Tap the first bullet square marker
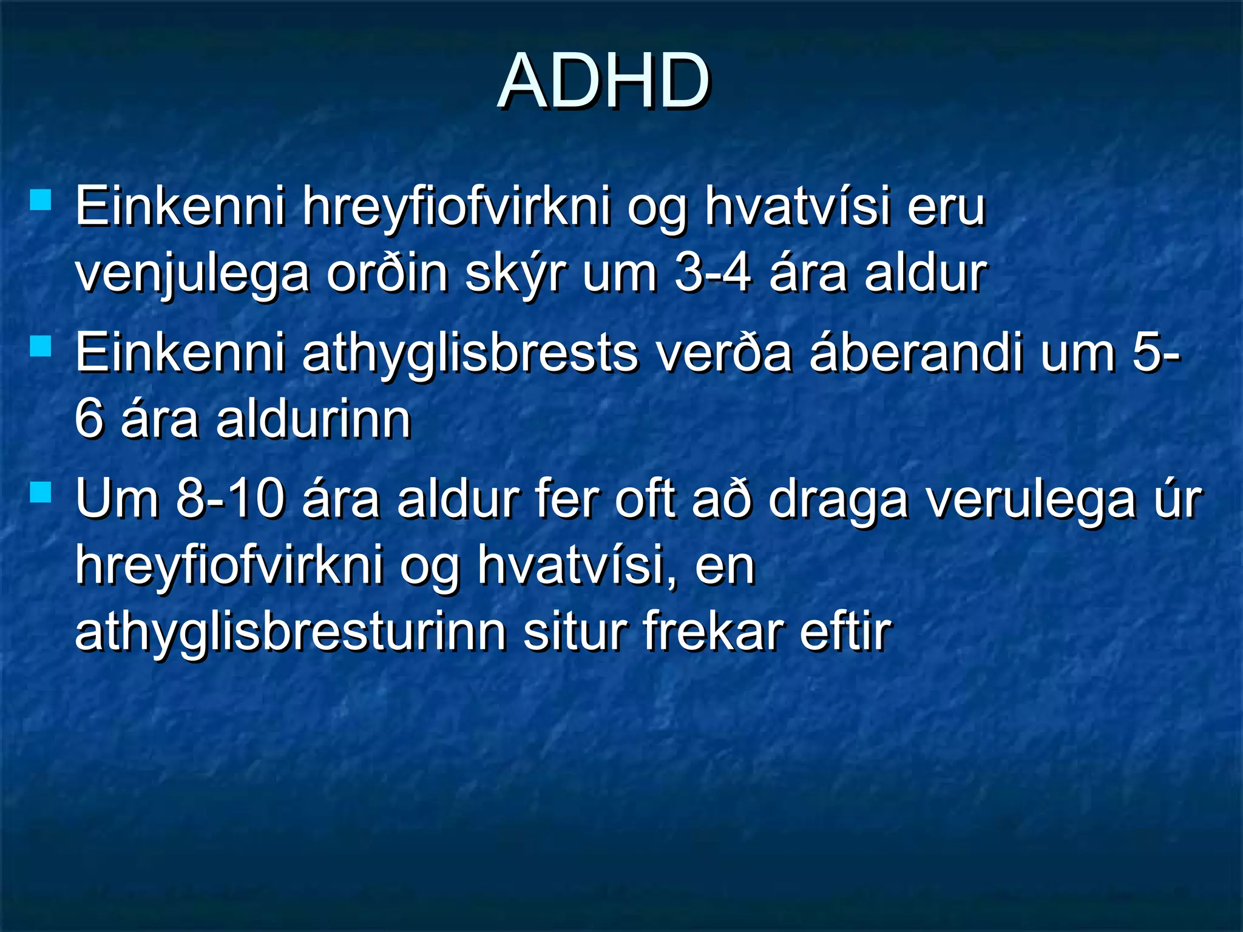coord(41,200)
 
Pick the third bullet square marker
coord(41,492)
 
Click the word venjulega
coord(192,274)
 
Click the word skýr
coord(515,274)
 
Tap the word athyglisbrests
coord(470,354)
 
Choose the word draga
coord(838,501)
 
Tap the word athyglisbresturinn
coord(291,633)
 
